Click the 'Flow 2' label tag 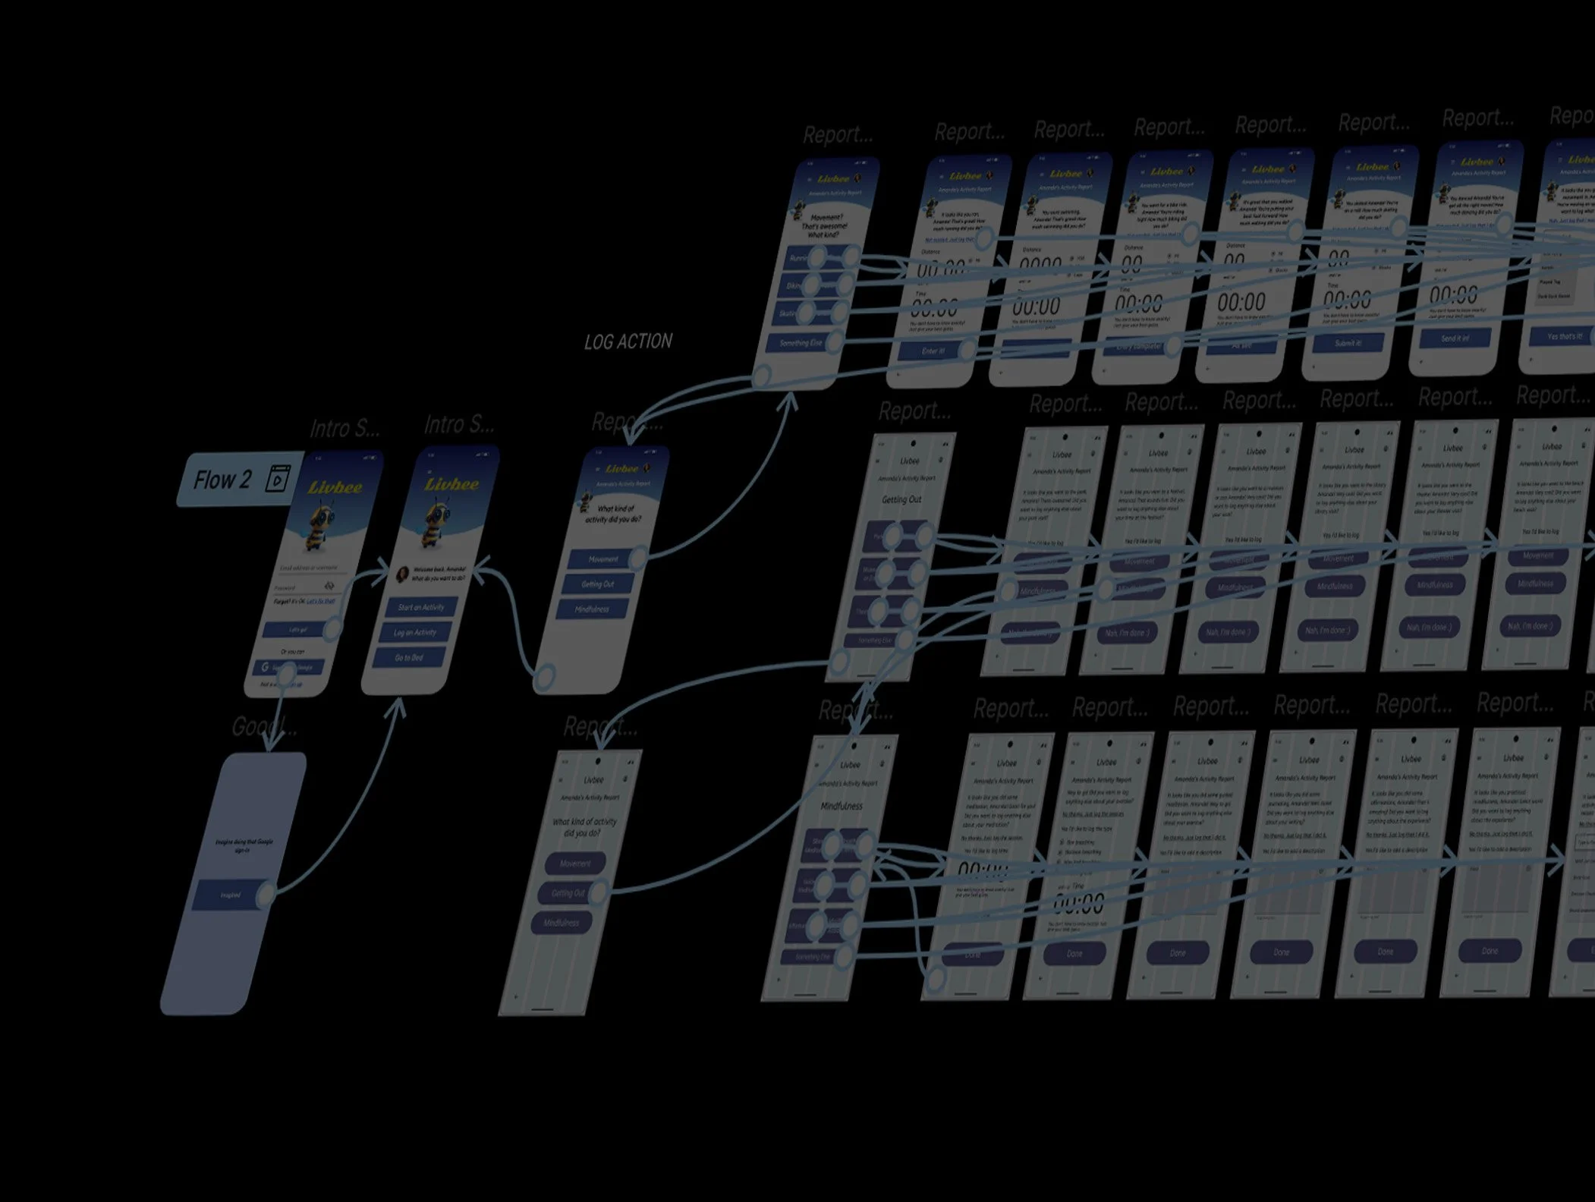pyautogui.click(x=222, y=480)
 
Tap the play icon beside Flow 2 pyautogui.click(x=278, y=479)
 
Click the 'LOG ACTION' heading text pyautogui.click(x=628, y=342)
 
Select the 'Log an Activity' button pyautogui.click(x=415, y=632)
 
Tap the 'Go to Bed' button pyautogui.click(x=409, y=658)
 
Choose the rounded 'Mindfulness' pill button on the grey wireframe pyautogui.click(x=562, y=923)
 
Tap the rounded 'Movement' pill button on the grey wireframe pyautogui.click(x=575, y=864)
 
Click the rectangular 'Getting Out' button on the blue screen pyautogui.click(x=598, y=584)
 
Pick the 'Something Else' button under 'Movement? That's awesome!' pyautogui.click(x=801, y=343)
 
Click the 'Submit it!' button pyautogui.click(x=1348, y=343)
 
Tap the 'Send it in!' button pyautogui.click(x=1454, y=338)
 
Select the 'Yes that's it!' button pyautogui.click(x=1563, y=336)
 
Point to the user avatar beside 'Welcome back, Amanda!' pyautogui.click(x=403, y=574)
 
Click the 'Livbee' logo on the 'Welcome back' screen pyautogui.click(x=451, y=484)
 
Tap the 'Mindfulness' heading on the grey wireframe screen pyautogui.click(x=842, y=806)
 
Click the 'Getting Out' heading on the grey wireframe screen pyautogui.click(x=901, y=499)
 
